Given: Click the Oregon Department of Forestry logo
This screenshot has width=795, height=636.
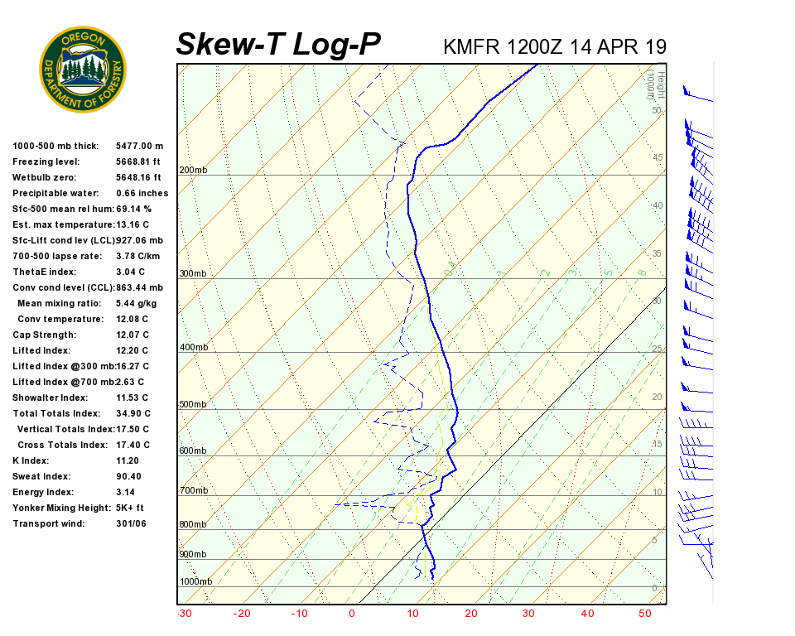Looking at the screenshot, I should (x=83, y=70).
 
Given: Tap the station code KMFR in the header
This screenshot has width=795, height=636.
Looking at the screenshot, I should (x=472, y=46).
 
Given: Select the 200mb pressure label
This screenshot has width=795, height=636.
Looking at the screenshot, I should (x=193, y=171).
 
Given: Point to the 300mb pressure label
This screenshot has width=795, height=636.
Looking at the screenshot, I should (x=193, y=273).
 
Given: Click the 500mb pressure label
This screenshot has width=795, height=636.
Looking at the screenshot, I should (x=193, y=405).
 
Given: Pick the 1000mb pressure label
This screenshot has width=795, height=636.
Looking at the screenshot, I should (x=195, y=581).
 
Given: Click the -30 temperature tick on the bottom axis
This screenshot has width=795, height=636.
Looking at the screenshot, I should (x=185, y=614).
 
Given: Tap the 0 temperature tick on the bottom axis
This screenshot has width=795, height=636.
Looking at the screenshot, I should (x=352, y=614).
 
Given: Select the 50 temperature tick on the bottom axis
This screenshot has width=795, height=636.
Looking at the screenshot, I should (x=644, y=614).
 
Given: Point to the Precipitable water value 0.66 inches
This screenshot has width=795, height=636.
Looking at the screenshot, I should (x=142, y=193).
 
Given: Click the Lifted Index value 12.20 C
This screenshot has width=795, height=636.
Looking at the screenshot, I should (x=132, y=350).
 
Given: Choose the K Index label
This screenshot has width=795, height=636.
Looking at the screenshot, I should (x=31, y=460).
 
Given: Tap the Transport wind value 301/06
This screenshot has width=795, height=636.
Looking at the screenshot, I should (x=132, y=523).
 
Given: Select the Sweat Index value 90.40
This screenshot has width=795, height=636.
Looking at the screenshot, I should (x=128, y=476).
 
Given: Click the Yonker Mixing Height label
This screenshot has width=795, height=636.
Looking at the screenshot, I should (x=55, y=508).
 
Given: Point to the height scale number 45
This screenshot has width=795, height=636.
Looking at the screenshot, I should (x=658, y=157).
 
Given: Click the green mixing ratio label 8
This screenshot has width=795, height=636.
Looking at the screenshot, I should (x=641, y=272).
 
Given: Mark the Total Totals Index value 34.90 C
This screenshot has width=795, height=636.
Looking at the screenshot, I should (x=132, y=413).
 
